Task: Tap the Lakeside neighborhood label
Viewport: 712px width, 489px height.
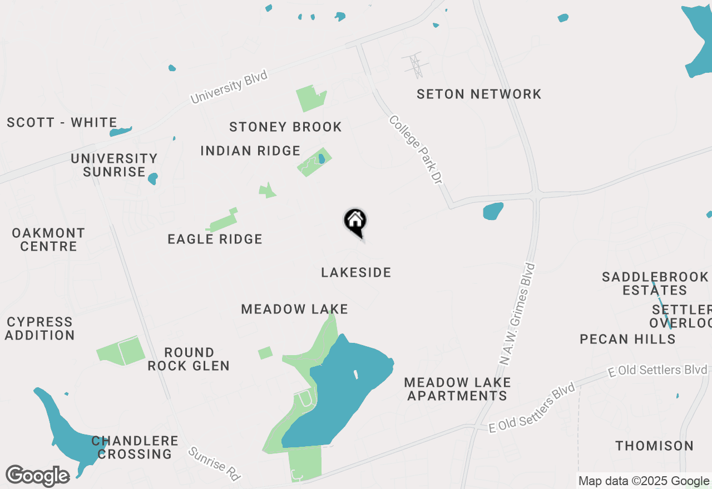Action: (x=356, y=272)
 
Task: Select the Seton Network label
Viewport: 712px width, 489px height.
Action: (x=479, y=94)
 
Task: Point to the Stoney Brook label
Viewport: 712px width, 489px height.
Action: (x=285, y=127)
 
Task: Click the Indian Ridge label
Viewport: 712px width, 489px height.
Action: (x=250, y=151)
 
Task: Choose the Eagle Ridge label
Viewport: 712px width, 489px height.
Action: (x=215, y=239)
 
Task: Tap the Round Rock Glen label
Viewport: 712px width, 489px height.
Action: (x=189, y=359)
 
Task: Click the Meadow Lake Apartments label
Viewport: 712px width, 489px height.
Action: (x=457, y=389)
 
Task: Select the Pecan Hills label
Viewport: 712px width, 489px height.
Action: (x=627, y=339)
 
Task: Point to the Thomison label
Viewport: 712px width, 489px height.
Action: (x=655, y=446)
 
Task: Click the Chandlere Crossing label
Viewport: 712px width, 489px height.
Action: (x=135, y=447)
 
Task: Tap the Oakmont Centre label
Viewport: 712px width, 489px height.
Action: (x=48, y=239)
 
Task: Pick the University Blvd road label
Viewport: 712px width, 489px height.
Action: (x=229, y=87)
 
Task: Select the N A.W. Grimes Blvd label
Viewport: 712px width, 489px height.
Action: (x=518, y=314)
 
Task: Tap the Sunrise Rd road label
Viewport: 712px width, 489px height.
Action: (x=214, y=463)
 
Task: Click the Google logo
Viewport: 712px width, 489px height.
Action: (x=37, y=476)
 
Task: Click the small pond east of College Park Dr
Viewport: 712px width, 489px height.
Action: (x=493, y=211)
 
